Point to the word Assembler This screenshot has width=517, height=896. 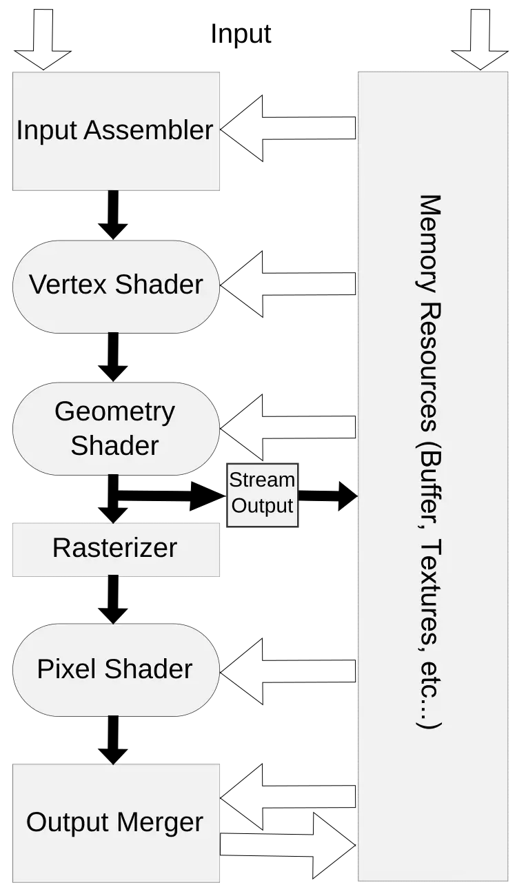pyautogui.click(x=148, y=130)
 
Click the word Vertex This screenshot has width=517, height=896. pyautogui.click(x=68, y=284)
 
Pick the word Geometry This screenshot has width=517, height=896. pyautogui.click(x=114, y=411)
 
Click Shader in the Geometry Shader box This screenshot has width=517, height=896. pyautogui.click(x=114, y=445)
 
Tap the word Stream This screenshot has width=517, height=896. pyautogui.click(x=262, y=480)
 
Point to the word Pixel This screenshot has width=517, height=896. pyautogui.click(x=63, y=669)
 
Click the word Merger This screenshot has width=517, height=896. pyautogui.click(x=160, y=822)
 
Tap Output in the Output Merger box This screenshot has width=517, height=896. pyautogui.click(x=68, y=822)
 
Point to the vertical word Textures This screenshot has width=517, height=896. pyautogui.click(x=430, y=593)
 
